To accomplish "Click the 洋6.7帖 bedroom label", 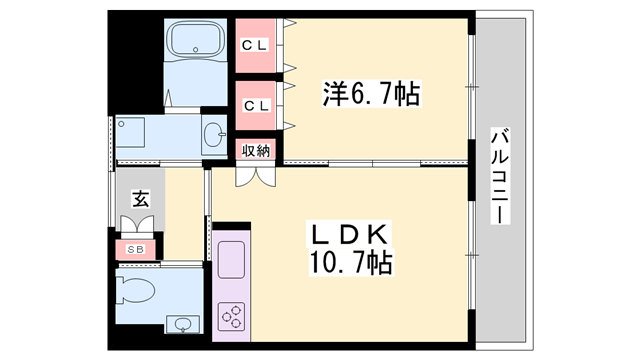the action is tap(371, 94).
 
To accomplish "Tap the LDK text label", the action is tap(349, 236).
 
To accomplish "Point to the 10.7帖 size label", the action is tap(351, 262).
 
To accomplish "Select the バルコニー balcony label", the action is tap(500, 176).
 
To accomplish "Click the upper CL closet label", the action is tap(255, 45).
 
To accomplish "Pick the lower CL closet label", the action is tap(256, 106).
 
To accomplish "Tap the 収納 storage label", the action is tap(256, 151).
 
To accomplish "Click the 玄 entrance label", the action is tap(140, 199).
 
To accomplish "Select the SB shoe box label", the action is tap(135, 249).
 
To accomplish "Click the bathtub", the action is tap(196, 40).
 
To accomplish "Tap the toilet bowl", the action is tap(136, 291).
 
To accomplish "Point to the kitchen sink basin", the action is tap(231, 260).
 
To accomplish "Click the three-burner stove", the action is tap(231, 316).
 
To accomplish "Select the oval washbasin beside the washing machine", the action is tap(214, 134).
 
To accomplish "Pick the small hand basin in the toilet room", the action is tap(183, 325).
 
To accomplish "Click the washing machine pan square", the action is tap(130, 132).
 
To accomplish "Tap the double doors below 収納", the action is tap(256, 177).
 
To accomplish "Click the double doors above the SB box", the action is tap(138, 224).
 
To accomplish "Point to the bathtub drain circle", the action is tap(196, 50).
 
